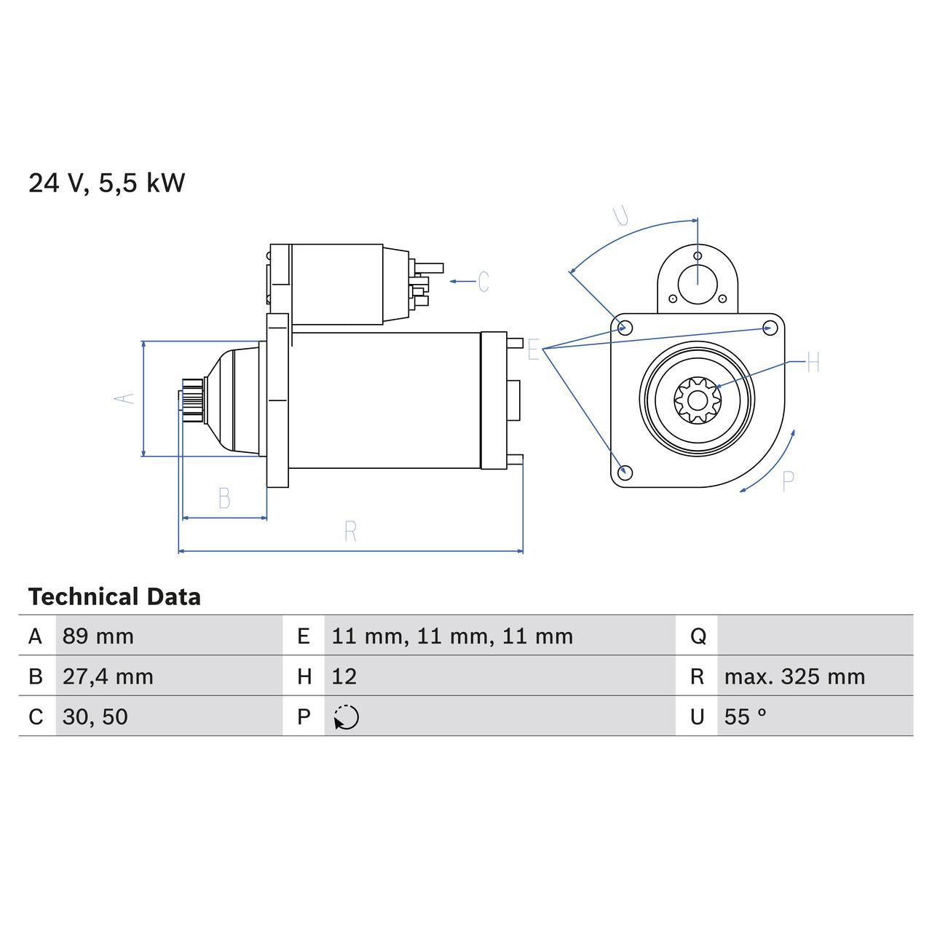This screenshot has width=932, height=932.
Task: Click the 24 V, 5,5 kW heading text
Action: [107, 183]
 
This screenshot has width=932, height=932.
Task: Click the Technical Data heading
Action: [114, 597]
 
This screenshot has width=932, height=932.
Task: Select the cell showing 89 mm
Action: [98, 636]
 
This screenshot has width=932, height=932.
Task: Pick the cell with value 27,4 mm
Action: [108, 676]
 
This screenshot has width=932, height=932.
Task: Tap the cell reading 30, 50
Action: [95, 716]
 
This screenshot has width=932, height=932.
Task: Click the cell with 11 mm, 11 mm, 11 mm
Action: [452, 636]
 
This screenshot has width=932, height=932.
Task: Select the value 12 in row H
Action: [344, 676]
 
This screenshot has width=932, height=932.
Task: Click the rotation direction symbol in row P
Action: [347, 717]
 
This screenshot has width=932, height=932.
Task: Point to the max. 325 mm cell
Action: [794, 676]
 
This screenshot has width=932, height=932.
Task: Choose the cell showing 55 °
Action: [746, 716]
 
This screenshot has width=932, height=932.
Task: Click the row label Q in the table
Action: [698, 636]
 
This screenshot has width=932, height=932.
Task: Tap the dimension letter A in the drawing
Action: [125, 398]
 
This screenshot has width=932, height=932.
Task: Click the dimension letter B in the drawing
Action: [224, 499]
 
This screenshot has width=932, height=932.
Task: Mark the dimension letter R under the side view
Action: [350, 532]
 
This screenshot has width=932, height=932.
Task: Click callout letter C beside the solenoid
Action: [483, 282]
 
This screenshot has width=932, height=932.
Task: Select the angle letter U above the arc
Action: [621, 216]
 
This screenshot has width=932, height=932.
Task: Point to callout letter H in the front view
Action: [813, 362]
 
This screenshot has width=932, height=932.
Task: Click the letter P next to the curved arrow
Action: [787, 481]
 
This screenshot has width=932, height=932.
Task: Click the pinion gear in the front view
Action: [697, 399]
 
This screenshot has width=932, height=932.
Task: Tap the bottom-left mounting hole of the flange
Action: [624, 472]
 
